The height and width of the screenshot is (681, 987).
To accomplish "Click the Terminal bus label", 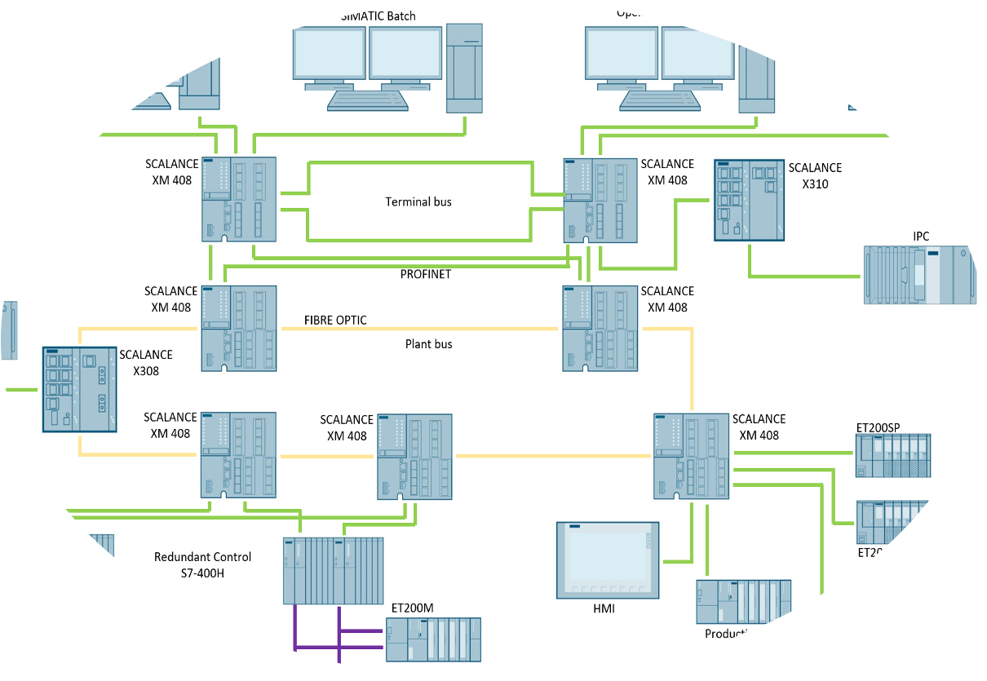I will [418, 201].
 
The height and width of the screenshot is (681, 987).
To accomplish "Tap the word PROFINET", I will [425, 274].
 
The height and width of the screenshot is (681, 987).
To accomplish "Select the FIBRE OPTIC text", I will [335, 321].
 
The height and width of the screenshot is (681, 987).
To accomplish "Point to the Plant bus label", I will [428, 344].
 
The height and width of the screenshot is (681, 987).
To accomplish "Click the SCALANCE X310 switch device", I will [749, 200].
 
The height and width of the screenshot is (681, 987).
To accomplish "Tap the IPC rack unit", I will [919, 276].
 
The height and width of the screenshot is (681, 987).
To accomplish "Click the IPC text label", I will [920, 237].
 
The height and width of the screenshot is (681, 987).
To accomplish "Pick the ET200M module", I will [432, 639].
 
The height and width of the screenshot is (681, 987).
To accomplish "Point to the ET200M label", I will [412, 608].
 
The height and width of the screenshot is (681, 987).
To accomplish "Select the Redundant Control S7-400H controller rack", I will [333, 570].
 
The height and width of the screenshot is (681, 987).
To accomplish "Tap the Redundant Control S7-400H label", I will [202, 565].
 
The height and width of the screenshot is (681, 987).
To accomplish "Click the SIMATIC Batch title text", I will [378, 15].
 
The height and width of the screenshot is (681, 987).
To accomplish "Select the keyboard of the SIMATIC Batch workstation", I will [367, 99].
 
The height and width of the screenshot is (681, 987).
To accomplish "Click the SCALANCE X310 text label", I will [815, 175].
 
